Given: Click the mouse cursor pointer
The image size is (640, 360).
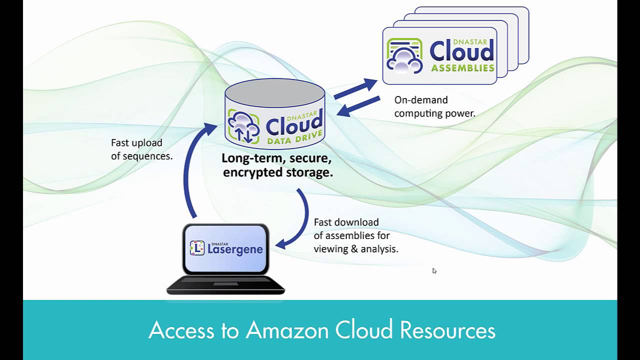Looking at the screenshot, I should click(x=434, y=270).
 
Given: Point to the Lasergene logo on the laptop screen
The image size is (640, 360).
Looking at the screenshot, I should click(x=226, y=248).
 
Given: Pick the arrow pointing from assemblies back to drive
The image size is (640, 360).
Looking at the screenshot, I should click(x=358, y=106).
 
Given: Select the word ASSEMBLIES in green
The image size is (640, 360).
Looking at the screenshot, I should click(x=462, y=68).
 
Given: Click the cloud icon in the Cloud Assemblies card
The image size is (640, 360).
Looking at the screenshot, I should click(x=404, y=56).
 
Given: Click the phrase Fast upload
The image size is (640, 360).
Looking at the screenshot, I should click(x=136, y=143).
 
